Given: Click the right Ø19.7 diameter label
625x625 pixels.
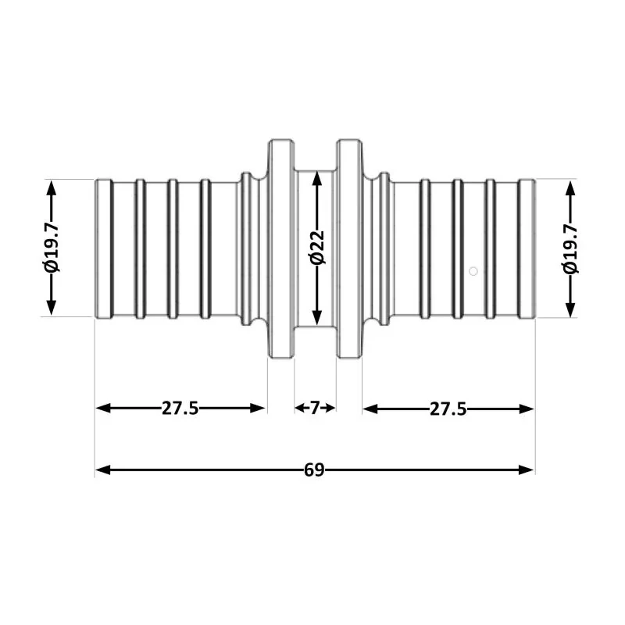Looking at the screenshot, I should pos(571,248).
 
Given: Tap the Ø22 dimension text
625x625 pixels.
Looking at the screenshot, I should pos(316,248).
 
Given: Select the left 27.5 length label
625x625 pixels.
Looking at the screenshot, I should pos(180,408).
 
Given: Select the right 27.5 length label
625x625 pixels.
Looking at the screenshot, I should pos(448,408).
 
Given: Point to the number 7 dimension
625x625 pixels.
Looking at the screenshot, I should pos(315,408).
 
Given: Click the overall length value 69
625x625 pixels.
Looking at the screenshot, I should pos(314,470).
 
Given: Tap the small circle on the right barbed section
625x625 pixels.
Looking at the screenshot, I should pos(473,271).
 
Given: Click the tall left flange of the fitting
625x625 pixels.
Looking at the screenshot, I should pos(280,248).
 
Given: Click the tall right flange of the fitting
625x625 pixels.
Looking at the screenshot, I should pos(349,248).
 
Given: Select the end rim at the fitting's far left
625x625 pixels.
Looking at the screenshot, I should pos(102,248).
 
